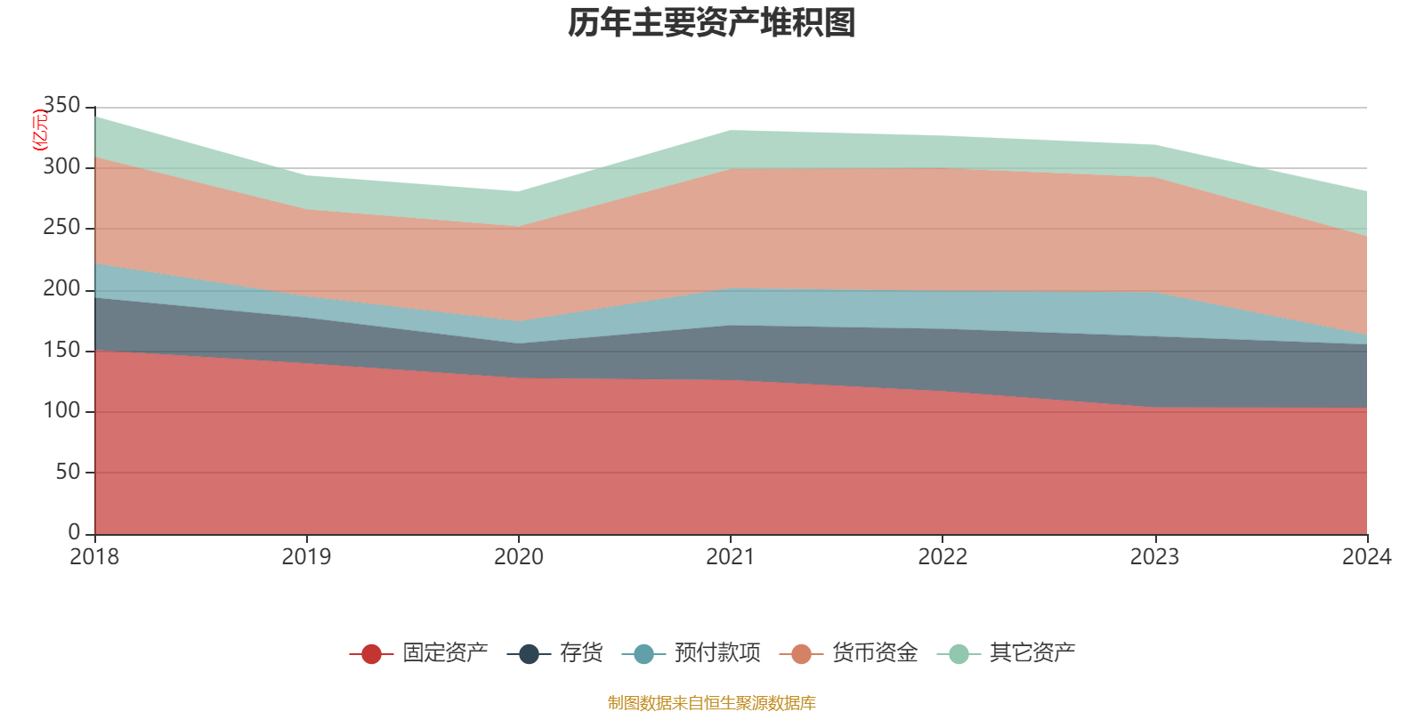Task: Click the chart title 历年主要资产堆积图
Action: tap(712, 23)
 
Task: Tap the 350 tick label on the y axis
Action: tap(61, 106)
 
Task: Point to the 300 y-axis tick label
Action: tap(61, 167)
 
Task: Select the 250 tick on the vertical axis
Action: tap(61, 228)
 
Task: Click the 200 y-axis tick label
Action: tap(61, 289)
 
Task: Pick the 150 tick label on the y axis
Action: tap(61, 350)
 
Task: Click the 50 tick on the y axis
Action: tap(68, 472)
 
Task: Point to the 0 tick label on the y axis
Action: tap(74, 532)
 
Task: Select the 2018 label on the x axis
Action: tap(94, 557)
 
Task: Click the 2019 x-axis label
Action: tap(306, 557)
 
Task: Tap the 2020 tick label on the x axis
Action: tap(519, 557)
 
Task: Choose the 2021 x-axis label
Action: tap(731, 557)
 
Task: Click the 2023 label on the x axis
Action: tap(1154, 557)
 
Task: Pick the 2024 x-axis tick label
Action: tap(1366, 557)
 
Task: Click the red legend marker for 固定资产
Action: tap(371, 654)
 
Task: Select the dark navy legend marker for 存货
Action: tap(529, 654)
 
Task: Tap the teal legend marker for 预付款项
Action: tap(643, 654)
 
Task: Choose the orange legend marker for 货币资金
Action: tap(801, 654)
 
